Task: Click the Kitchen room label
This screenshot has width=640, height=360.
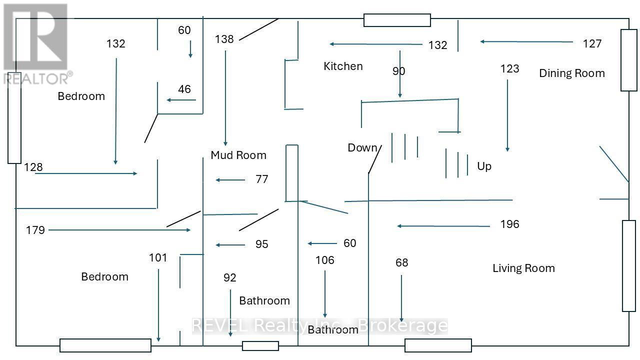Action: (x=343, y=66)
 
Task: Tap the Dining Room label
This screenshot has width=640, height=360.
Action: (x=571, y=73)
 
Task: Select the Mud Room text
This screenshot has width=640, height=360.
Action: (x=238, y=155)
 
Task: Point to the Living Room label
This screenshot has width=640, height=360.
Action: (x=523, y=268)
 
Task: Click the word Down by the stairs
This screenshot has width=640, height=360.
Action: (x=362, y=147)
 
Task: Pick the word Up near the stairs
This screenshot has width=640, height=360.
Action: (x=484, y=166)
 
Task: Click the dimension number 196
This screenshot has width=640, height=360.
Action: (x=509, y=224)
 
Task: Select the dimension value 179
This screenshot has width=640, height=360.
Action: (x=35, y=230)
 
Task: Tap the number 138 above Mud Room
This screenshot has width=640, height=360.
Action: (x=224, y=39)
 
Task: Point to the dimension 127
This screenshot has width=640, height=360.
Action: (x=592, y=43)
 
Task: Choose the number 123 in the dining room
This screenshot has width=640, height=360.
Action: (x=509, y=68)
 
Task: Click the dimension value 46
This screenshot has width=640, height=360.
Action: (x=184, y=89)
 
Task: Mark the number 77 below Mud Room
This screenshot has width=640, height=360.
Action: (x=261, y=179)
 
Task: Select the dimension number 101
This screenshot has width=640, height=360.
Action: (x=158, y=257)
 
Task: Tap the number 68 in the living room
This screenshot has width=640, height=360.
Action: (x=401, y=262)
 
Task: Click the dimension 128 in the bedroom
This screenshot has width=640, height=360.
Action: (x=33, y=167)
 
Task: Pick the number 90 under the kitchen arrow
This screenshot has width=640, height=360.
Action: (x=398, y=71)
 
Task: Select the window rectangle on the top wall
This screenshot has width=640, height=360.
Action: (x=397, y=20)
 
